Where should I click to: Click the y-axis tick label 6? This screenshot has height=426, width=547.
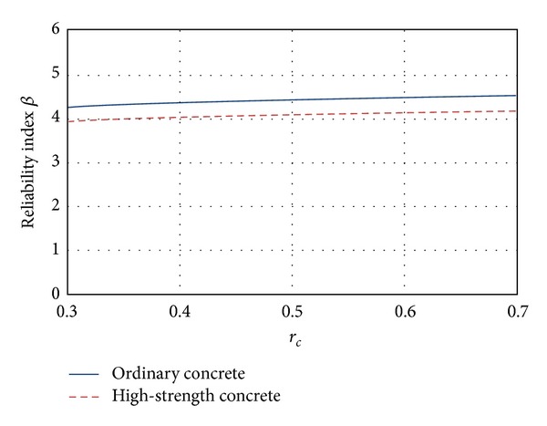(x=56, y=29)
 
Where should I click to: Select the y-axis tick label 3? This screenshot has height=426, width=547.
(x=56, y=161)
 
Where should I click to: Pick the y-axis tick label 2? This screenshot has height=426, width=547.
(x=56, y=205)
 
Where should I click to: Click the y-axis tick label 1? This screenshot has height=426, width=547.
(x=56, y=249)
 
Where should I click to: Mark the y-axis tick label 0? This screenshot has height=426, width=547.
(x=56, y=294)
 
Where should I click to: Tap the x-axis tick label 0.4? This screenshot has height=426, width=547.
(x=181, y=311)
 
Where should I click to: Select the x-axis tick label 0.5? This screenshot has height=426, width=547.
(x=292, y=311)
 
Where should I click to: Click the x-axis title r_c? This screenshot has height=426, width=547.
(x=292, y=340)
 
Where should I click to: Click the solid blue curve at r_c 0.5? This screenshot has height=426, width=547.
(x=292, y=100)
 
